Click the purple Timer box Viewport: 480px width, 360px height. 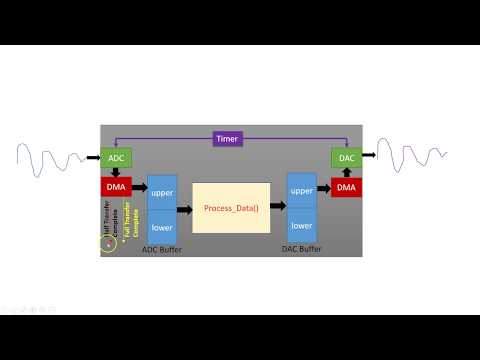click(228, 139)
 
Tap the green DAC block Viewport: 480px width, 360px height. click(344, 158)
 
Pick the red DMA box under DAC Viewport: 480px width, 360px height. click(344, 186)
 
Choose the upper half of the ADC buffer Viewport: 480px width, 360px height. click(161, 191)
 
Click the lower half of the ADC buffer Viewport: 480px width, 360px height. click(161, 227)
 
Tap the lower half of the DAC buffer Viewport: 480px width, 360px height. click(301, 226)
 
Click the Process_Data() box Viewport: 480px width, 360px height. click(231, 208)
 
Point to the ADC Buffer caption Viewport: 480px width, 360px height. click(160, 251)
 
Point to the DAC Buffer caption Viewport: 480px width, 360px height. click(301, 251)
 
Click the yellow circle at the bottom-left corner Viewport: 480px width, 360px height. click(109, 243)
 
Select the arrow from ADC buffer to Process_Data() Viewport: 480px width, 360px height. click(184, 210)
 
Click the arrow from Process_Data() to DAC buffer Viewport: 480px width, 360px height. click(277, 207)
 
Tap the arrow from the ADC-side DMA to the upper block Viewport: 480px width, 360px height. click(139, 187)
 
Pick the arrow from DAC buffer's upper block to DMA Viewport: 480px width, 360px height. click(324, 187)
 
